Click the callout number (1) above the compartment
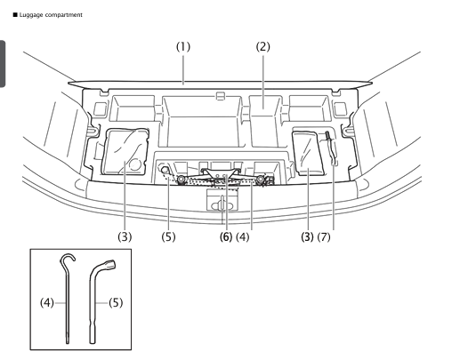182,44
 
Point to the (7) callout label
331,212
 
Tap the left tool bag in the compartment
125,153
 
